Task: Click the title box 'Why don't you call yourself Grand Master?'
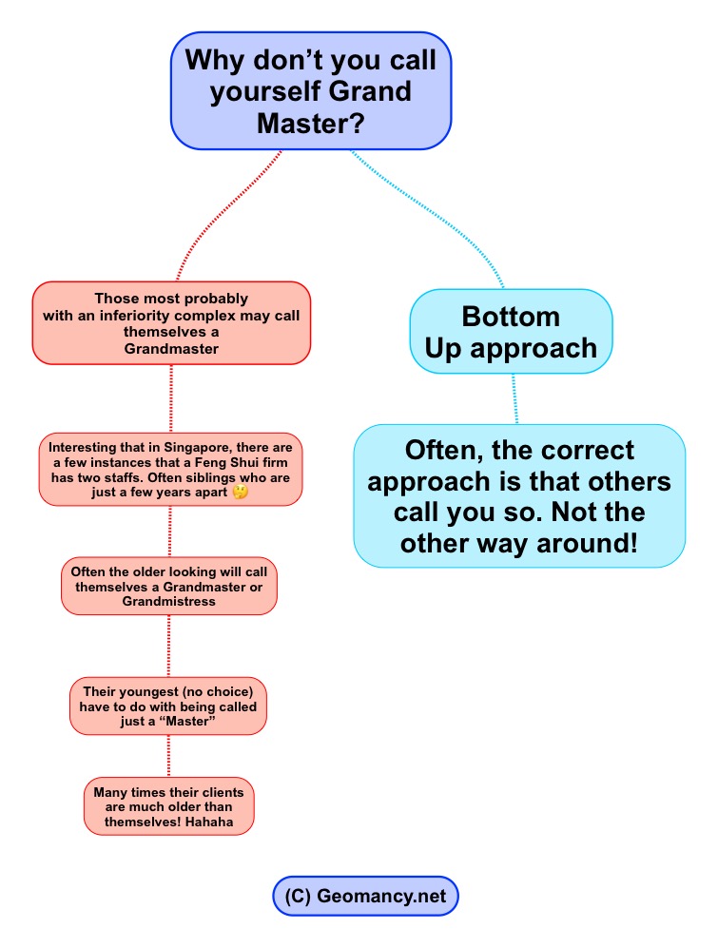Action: [310, 91]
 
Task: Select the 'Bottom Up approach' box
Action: [511, 331]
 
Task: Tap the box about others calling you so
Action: [519, 495]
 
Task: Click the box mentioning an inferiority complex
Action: [171, 322]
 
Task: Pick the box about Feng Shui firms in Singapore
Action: [170, 469]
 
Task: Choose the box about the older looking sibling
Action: [169, 586]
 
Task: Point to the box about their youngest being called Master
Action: [168, 706]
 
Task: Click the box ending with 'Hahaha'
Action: [168, 806]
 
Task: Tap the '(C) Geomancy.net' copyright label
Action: [366, 896]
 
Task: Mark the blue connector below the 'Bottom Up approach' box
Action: [514, 399]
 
